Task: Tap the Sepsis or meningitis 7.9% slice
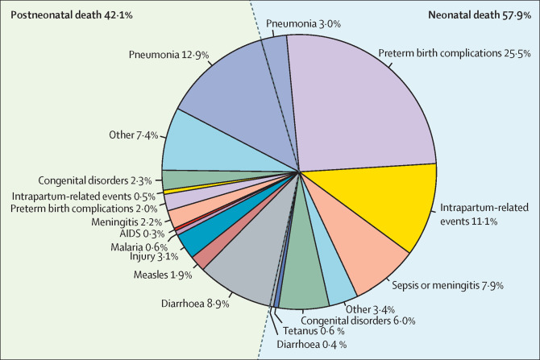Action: click(358, 248)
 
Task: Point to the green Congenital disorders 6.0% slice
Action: click(303, 275)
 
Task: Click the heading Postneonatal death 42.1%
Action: click(72, 15)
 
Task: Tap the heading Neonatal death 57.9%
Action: click(480, 15)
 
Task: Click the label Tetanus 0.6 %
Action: click(314, 331)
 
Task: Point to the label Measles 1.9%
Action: click(163, 275)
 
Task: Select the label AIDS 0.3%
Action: click(142, 234)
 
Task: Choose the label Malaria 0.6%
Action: click(139, 247)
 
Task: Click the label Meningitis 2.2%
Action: click(127, 222)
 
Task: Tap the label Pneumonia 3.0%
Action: click(303, 23)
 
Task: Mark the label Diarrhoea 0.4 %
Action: click(312, 345)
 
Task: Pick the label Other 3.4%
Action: click(370, 309)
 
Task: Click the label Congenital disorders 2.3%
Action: click(95, 180)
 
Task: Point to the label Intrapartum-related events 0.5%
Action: click(84, 197)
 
